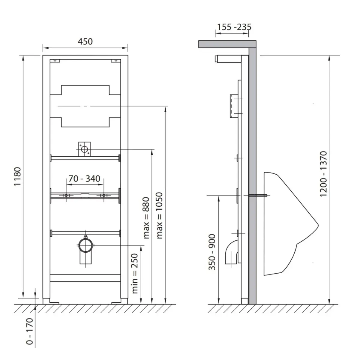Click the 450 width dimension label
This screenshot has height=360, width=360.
(85, 41)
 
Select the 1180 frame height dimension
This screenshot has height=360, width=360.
(18, 176)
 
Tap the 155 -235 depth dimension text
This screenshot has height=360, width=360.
(234, 27)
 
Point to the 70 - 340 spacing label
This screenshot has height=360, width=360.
(84, 178)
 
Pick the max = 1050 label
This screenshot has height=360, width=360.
(159, 215)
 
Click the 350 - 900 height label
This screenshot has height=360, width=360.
(212, 252)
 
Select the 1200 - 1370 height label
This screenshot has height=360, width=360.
(323, 174)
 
